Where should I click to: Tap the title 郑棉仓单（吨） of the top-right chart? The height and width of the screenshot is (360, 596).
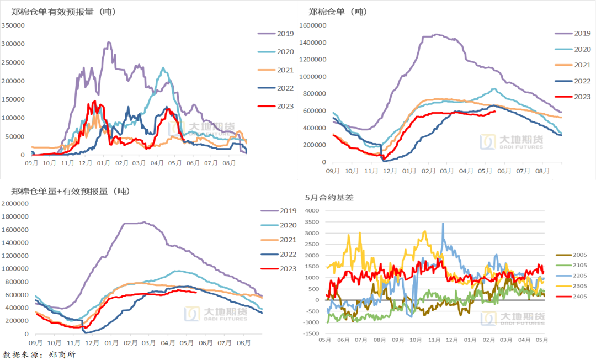coord(338,12)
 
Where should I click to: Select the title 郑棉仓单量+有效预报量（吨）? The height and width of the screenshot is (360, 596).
coord(70,191)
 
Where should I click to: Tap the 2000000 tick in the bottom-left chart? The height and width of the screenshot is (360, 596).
coord(15,203)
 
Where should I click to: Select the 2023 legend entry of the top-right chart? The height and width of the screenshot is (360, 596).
coord(582,96)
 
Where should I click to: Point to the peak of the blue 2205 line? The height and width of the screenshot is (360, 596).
coord(443,224)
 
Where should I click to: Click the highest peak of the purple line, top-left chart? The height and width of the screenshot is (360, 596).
coord(109,42)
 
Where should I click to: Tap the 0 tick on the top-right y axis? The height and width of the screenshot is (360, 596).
coord(323,162)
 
